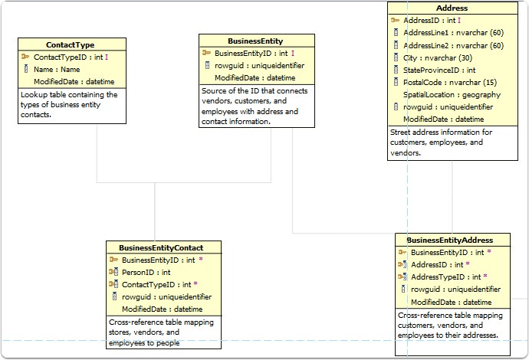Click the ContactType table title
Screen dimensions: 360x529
tap(71, 45)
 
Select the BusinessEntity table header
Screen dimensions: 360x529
tap(256, 41)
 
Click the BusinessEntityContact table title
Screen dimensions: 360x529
tap(164, 247)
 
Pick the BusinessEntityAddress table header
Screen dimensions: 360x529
tap(450, 240)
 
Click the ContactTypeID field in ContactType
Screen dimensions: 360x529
tap(67, 57)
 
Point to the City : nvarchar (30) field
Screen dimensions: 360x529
tap(437, 57)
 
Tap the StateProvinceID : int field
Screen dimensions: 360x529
tap(439, 70)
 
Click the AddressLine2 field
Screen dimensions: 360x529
tap(453, 45)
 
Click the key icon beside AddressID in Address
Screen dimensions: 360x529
tap(395, 21)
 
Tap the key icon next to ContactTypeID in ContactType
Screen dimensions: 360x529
tap(25, 57)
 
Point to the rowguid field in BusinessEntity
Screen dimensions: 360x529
tap(259, 66)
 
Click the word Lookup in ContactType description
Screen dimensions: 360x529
tap(34, 95)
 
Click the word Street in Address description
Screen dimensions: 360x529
tap(402, 133)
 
